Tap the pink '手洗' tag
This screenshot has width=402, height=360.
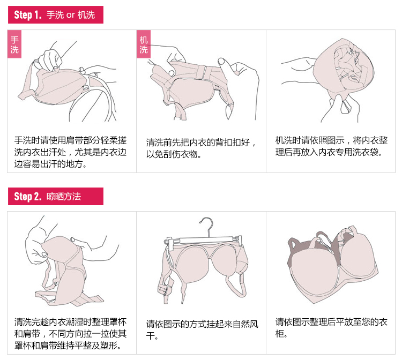(x=14, y=45)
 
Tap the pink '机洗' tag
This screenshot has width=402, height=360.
(x=144, y=45)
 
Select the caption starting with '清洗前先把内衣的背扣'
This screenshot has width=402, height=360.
(x=201, y=148)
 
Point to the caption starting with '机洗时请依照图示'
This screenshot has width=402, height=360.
(x=331, y=146)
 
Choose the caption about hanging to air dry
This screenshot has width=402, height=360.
(x=201, y=330)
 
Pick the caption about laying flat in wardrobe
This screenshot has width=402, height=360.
(x=331, y=327)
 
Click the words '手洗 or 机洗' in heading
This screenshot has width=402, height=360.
(x=71, y=14)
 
